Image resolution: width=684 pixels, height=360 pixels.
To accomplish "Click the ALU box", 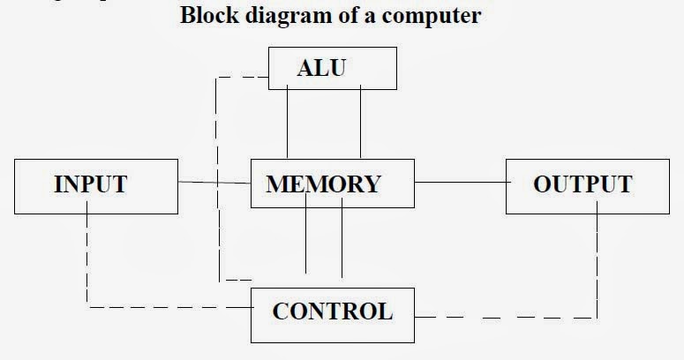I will [x=332, y=68].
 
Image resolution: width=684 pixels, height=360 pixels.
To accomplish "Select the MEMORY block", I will [x=332, y=184].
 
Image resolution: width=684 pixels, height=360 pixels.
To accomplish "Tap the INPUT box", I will [x=95, y=184].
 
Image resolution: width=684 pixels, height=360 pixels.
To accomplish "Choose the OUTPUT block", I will [x=583, y=184].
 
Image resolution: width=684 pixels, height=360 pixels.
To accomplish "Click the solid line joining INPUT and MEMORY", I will [x=214, y=183].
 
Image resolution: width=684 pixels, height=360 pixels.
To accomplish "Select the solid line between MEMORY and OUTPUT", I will [x=459, y=183].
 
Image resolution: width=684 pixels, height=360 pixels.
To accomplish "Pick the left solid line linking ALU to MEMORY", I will [x=288, y=124].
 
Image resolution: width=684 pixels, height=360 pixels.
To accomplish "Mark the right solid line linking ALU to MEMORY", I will [x=360, y=124].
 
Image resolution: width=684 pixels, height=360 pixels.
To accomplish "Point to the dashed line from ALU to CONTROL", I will [x=217, y=176].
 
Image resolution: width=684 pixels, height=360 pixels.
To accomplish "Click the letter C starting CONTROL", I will [x=280, y=312].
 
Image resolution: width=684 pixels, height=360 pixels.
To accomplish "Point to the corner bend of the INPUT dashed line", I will [x=87, y=307].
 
